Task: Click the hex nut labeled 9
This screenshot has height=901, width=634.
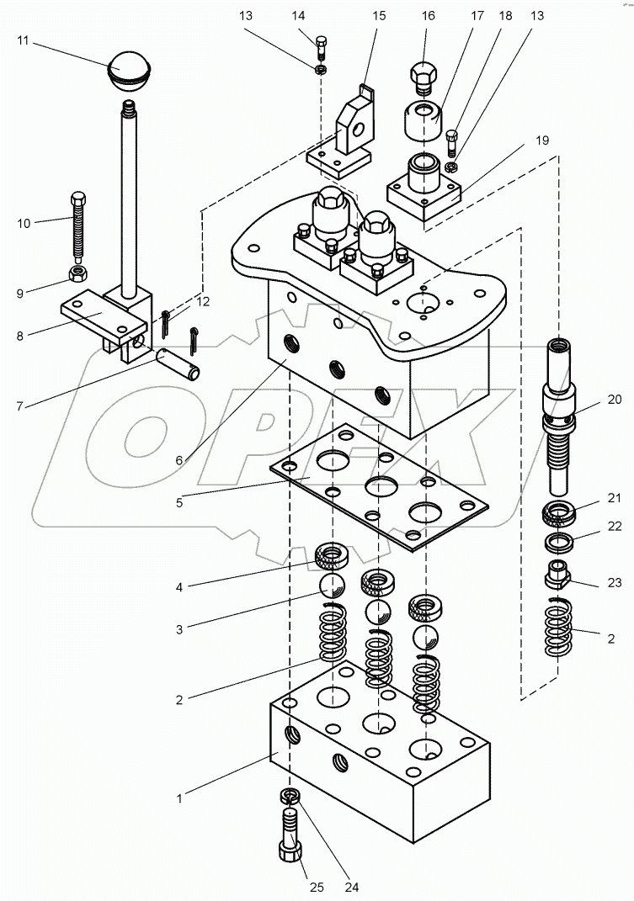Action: pyautogui.click(x=77, y=274)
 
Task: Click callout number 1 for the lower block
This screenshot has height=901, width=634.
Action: pyautogui.click(x=179, y=798)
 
